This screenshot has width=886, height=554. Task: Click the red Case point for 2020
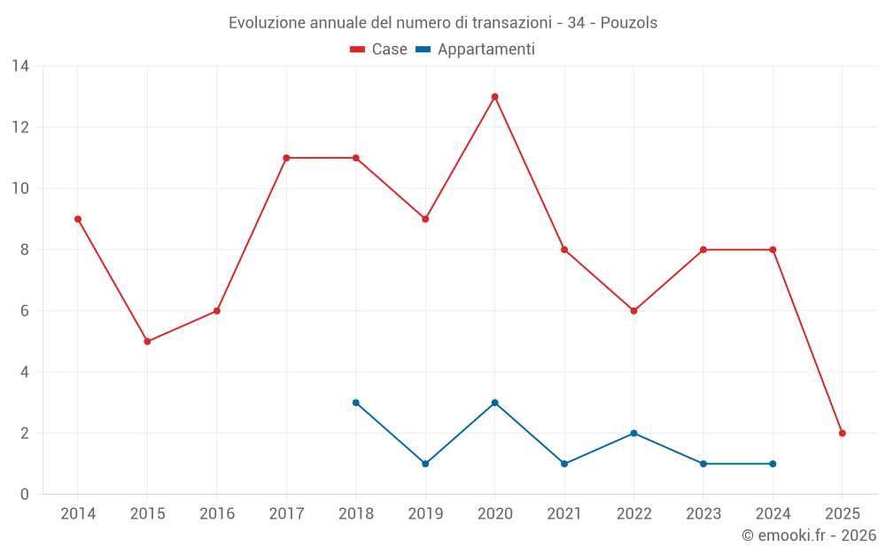tap(494, 97)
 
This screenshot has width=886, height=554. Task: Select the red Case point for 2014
tap(78, 219)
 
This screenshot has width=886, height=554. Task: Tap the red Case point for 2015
tap(147, 341)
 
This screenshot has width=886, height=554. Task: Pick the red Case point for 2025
tap(842, 433)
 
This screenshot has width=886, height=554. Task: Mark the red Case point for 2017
tap(286, 158)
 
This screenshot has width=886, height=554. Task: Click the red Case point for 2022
tap(633, 311)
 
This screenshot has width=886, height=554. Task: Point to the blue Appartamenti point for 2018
tap(355, 402)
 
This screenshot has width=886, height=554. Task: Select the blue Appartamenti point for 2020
tap(494, 402)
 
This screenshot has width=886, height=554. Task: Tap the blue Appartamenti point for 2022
tap(633, 433)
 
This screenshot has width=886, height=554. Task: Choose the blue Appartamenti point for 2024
tap(773, 464)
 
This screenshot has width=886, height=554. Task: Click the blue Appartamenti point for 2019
tap(425, 464)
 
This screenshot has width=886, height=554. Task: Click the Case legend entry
tap(378, 50)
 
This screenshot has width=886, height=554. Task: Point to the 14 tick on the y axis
tap(20, 66)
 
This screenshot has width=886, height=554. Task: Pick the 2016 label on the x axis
tap(217, 513)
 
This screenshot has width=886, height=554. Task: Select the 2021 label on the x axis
tap(564, 513)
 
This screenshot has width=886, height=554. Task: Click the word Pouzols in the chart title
tap(629, 23)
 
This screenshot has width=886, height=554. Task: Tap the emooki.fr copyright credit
tap(809, 535)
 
